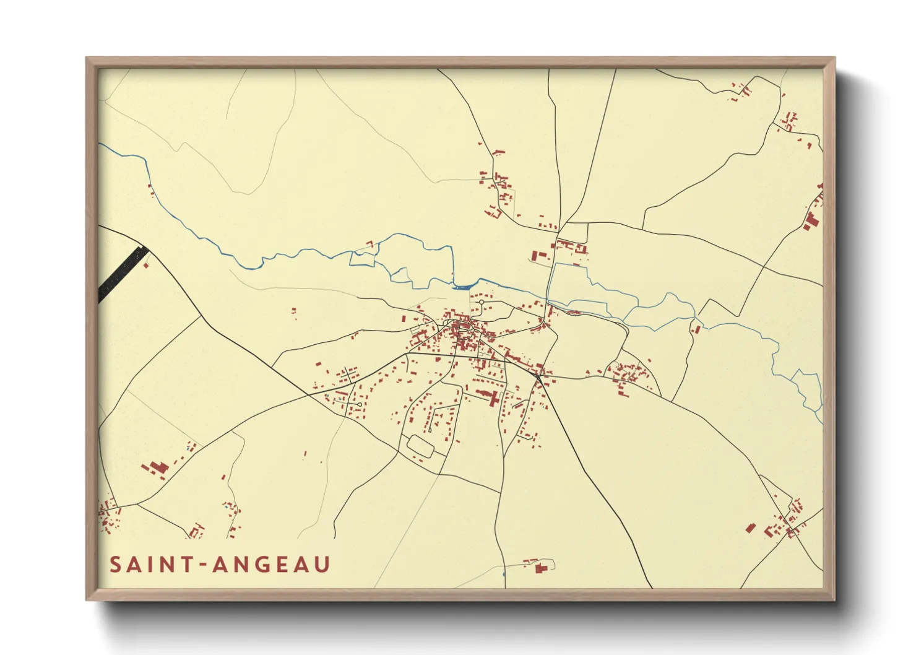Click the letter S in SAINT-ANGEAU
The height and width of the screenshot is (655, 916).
[x=116, y=565]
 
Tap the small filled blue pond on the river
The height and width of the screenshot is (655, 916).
[x=463, y=286]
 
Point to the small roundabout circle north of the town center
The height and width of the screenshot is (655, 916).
[x=482, y=302]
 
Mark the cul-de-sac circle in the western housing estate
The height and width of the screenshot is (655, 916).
[x=360, y=404]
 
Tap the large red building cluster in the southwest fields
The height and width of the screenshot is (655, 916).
[x=155, y=467]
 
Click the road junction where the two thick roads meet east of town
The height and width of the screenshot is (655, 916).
[x=538, y=375]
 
